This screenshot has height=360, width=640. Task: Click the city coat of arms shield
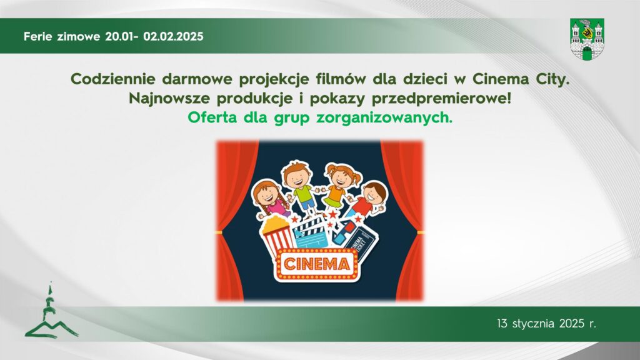(x=587, y=39)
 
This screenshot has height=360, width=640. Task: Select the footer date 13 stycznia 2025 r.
(x=547, y=324)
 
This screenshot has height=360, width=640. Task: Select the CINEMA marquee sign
(x=317, y=263)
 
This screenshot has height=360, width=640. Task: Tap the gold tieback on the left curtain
(x=220, y=232)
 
